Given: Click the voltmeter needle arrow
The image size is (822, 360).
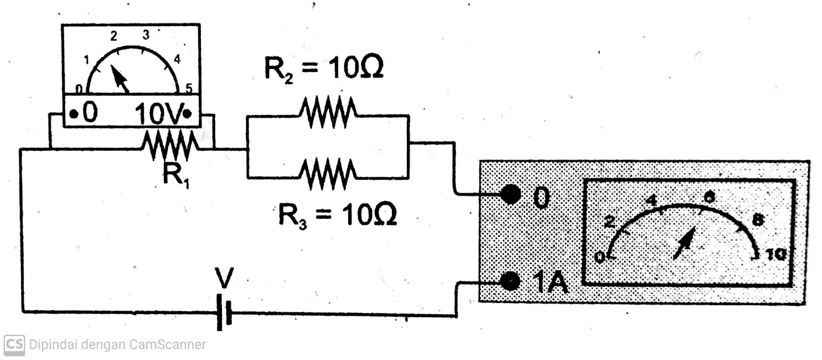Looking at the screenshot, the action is (x=120, y=78).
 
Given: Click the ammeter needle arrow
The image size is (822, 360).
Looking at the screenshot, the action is (x=684, y=243).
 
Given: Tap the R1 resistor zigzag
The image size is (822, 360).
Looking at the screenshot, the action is (x=170, y=145).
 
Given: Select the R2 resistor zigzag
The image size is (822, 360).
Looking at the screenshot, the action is (x=328, y=112).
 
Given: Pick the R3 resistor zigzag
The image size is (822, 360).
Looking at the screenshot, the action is (x=328, y=174).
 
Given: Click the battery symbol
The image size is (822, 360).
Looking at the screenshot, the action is (x=224, y=312).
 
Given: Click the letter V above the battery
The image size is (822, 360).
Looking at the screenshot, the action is (x=224, y=278).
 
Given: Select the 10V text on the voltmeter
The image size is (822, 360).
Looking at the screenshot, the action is (x=159, y=113).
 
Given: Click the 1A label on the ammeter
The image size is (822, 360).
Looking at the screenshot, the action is (x=550, y=283).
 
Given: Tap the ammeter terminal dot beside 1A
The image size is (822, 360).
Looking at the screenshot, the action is (x=510, y=282).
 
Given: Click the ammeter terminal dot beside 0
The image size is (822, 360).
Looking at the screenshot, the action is (x=511, y=195).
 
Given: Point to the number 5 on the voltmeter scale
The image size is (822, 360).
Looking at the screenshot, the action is (x=189, y=88).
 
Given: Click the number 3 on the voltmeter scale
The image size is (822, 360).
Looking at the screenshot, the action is (x=146, y=35).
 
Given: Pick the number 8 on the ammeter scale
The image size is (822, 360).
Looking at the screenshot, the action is (x=758, y=220).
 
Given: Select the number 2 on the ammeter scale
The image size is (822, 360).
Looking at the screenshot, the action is (x=609, y=221).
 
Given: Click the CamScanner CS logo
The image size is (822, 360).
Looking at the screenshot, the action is (x=14, y=345).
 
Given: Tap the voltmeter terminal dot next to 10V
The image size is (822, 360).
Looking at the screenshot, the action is (x=187, y=114).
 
